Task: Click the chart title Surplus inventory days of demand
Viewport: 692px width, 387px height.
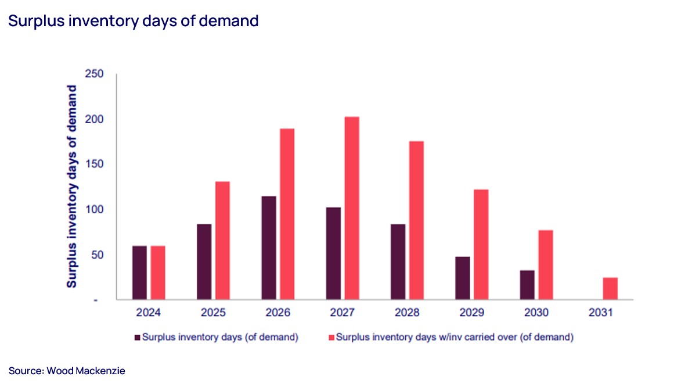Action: [133, 21]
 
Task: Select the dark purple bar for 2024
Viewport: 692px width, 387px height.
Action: [139, 273]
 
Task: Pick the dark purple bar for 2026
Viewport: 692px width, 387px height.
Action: [269, 248]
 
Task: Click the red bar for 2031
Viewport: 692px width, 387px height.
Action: [610, 288]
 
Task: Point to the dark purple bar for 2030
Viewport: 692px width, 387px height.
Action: [527, 285]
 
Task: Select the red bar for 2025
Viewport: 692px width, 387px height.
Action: [222, 241]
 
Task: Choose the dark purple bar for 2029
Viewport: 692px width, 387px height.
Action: [463, 278]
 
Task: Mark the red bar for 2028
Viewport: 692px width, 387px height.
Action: [416, 220]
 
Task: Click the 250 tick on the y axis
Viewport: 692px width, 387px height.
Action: [95, 74]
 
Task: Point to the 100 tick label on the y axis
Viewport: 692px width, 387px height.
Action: [95, 210]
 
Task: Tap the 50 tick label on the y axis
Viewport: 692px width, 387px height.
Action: [98, 255]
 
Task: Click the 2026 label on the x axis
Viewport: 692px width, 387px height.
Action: [277, 312]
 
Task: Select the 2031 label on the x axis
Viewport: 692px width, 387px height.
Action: [601, 312]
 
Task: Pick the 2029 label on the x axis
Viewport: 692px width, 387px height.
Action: [471, 312]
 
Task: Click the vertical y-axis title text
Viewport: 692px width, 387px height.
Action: [72, 186]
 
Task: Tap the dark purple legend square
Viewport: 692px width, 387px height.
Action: [137, 337]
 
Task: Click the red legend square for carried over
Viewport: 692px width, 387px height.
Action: [331, 337]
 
